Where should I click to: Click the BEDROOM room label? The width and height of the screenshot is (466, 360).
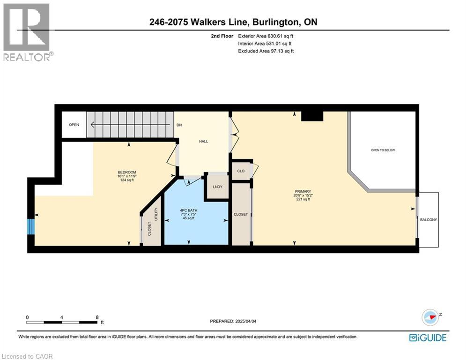[126, 172]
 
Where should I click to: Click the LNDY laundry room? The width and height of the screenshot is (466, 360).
[217, 187]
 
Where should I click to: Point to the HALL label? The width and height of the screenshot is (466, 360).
[203, 141]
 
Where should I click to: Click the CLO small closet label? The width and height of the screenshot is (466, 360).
[241, 171]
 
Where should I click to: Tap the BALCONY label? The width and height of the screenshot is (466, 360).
[429, 219]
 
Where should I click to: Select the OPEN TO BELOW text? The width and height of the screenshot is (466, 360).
[383, 150]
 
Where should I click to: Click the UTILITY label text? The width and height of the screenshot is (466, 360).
[156, 214]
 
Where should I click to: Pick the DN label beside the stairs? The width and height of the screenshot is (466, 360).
[179, 125]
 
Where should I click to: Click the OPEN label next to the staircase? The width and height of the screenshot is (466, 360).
[74, 125]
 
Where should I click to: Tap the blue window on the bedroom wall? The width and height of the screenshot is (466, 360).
[31, 226]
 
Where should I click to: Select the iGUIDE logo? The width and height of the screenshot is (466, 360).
[427, 337]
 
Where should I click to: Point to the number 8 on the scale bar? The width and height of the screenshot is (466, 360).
[97, 317]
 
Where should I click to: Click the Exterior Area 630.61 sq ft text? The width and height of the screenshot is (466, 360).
[266, 36]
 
